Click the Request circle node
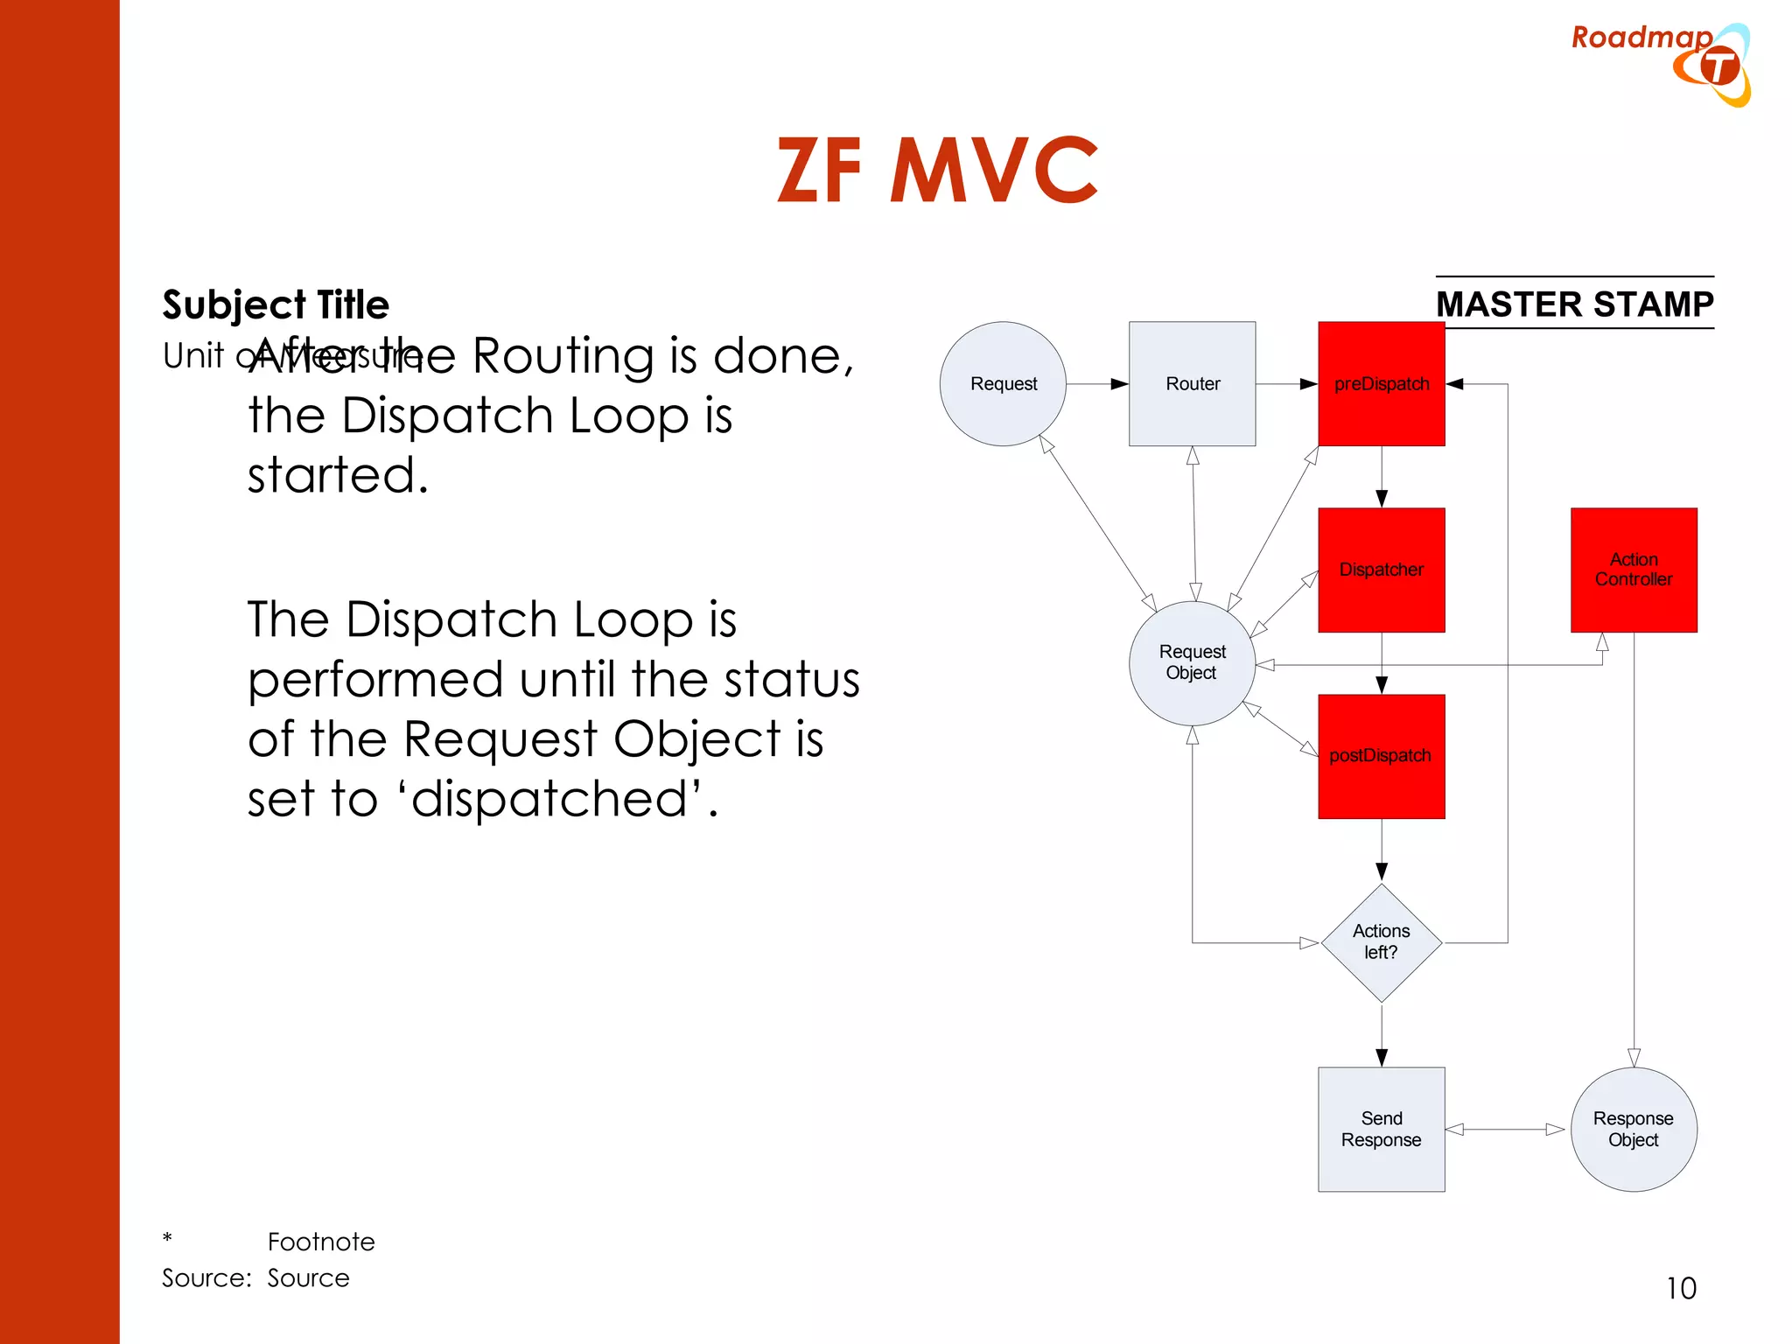1003,384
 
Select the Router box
1192,384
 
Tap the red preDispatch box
1381,384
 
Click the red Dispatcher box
1381,570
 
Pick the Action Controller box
1633,570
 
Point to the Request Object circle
1192,662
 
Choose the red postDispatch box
1381,756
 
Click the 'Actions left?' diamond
1381,942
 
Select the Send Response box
1381,1129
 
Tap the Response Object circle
1633,1129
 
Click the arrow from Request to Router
1097,384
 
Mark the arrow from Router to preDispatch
1286,384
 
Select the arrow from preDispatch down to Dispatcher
1382,477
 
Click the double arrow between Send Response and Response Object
1505,1130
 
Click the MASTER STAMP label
1574,304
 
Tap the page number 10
1681,1288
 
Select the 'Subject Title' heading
276,304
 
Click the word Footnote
321,1242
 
